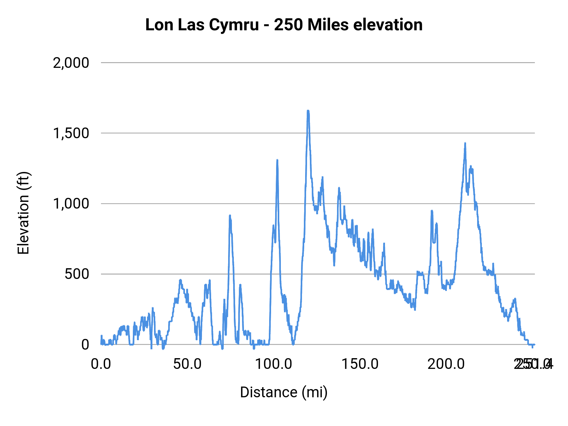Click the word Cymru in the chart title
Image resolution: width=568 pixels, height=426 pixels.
pos(234,25)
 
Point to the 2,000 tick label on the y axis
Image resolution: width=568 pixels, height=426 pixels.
pos(71,63)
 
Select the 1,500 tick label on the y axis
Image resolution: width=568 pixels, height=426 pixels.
pos(71,133)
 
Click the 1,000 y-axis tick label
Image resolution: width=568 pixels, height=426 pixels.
pos(71,204)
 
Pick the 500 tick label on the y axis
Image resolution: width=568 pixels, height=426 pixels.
pos(77,274)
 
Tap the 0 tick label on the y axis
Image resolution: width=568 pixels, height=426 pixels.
pos(85,345)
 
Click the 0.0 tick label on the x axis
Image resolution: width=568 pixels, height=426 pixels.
pos(101,364)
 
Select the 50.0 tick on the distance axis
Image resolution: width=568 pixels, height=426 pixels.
pos(187,364)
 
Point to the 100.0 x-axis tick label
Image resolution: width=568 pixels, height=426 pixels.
pos(274,364)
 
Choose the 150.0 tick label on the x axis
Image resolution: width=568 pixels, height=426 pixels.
pos(360,364)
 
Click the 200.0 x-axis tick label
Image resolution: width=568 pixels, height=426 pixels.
pos(446,364)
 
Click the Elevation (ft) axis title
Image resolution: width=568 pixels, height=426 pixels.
pos(23,213)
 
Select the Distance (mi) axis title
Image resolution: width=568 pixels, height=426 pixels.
pos(284,392)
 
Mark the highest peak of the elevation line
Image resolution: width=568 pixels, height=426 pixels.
pos(308,111)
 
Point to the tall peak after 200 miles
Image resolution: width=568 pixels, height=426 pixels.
pos(465,144)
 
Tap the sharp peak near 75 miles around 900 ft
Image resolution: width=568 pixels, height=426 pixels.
pos(230,216)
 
